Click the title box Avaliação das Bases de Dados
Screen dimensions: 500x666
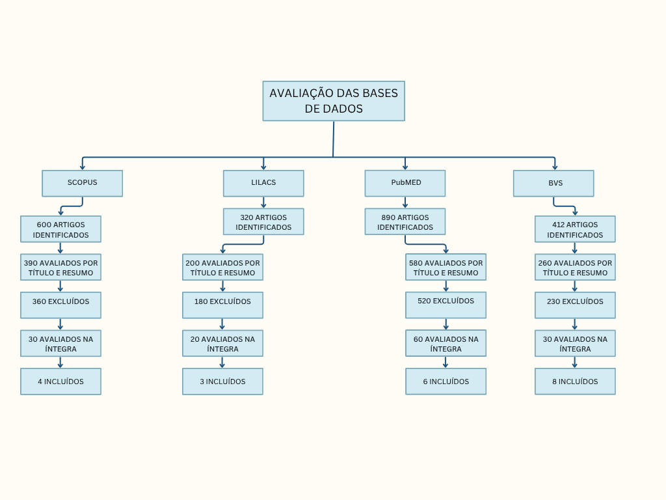(334, 101)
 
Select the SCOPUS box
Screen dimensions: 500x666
(82, 183)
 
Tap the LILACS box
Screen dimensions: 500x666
(263, 183)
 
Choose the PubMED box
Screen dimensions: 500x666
(405, 183)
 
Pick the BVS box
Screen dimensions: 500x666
(553, 183)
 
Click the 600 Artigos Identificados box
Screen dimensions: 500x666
(60, 229)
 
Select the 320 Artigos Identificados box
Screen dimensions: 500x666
(263, 221)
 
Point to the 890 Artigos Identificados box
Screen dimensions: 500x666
(405, 221)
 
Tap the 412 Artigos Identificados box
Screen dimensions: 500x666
(575, 229)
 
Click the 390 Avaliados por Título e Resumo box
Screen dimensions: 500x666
(60, 267)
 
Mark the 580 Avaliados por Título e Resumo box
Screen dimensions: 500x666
(446, 267)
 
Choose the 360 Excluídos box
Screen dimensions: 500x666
(60, 305)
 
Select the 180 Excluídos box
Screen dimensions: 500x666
(222, 305)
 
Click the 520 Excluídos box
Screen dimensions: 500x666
(446, 305)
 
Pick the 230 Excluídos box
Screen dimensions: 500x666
(575, 305)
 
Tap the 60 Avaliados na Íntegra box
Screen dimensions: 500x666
(446, 343)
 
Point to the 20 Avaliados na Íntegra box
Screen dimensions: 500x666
(222, 343)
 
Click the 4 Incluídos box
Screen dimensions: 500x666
(60, 382)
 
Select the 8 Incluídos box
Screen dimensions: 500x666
(575, 382)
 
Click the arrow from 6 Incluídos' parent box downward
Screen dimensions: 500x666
(446, 362)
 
